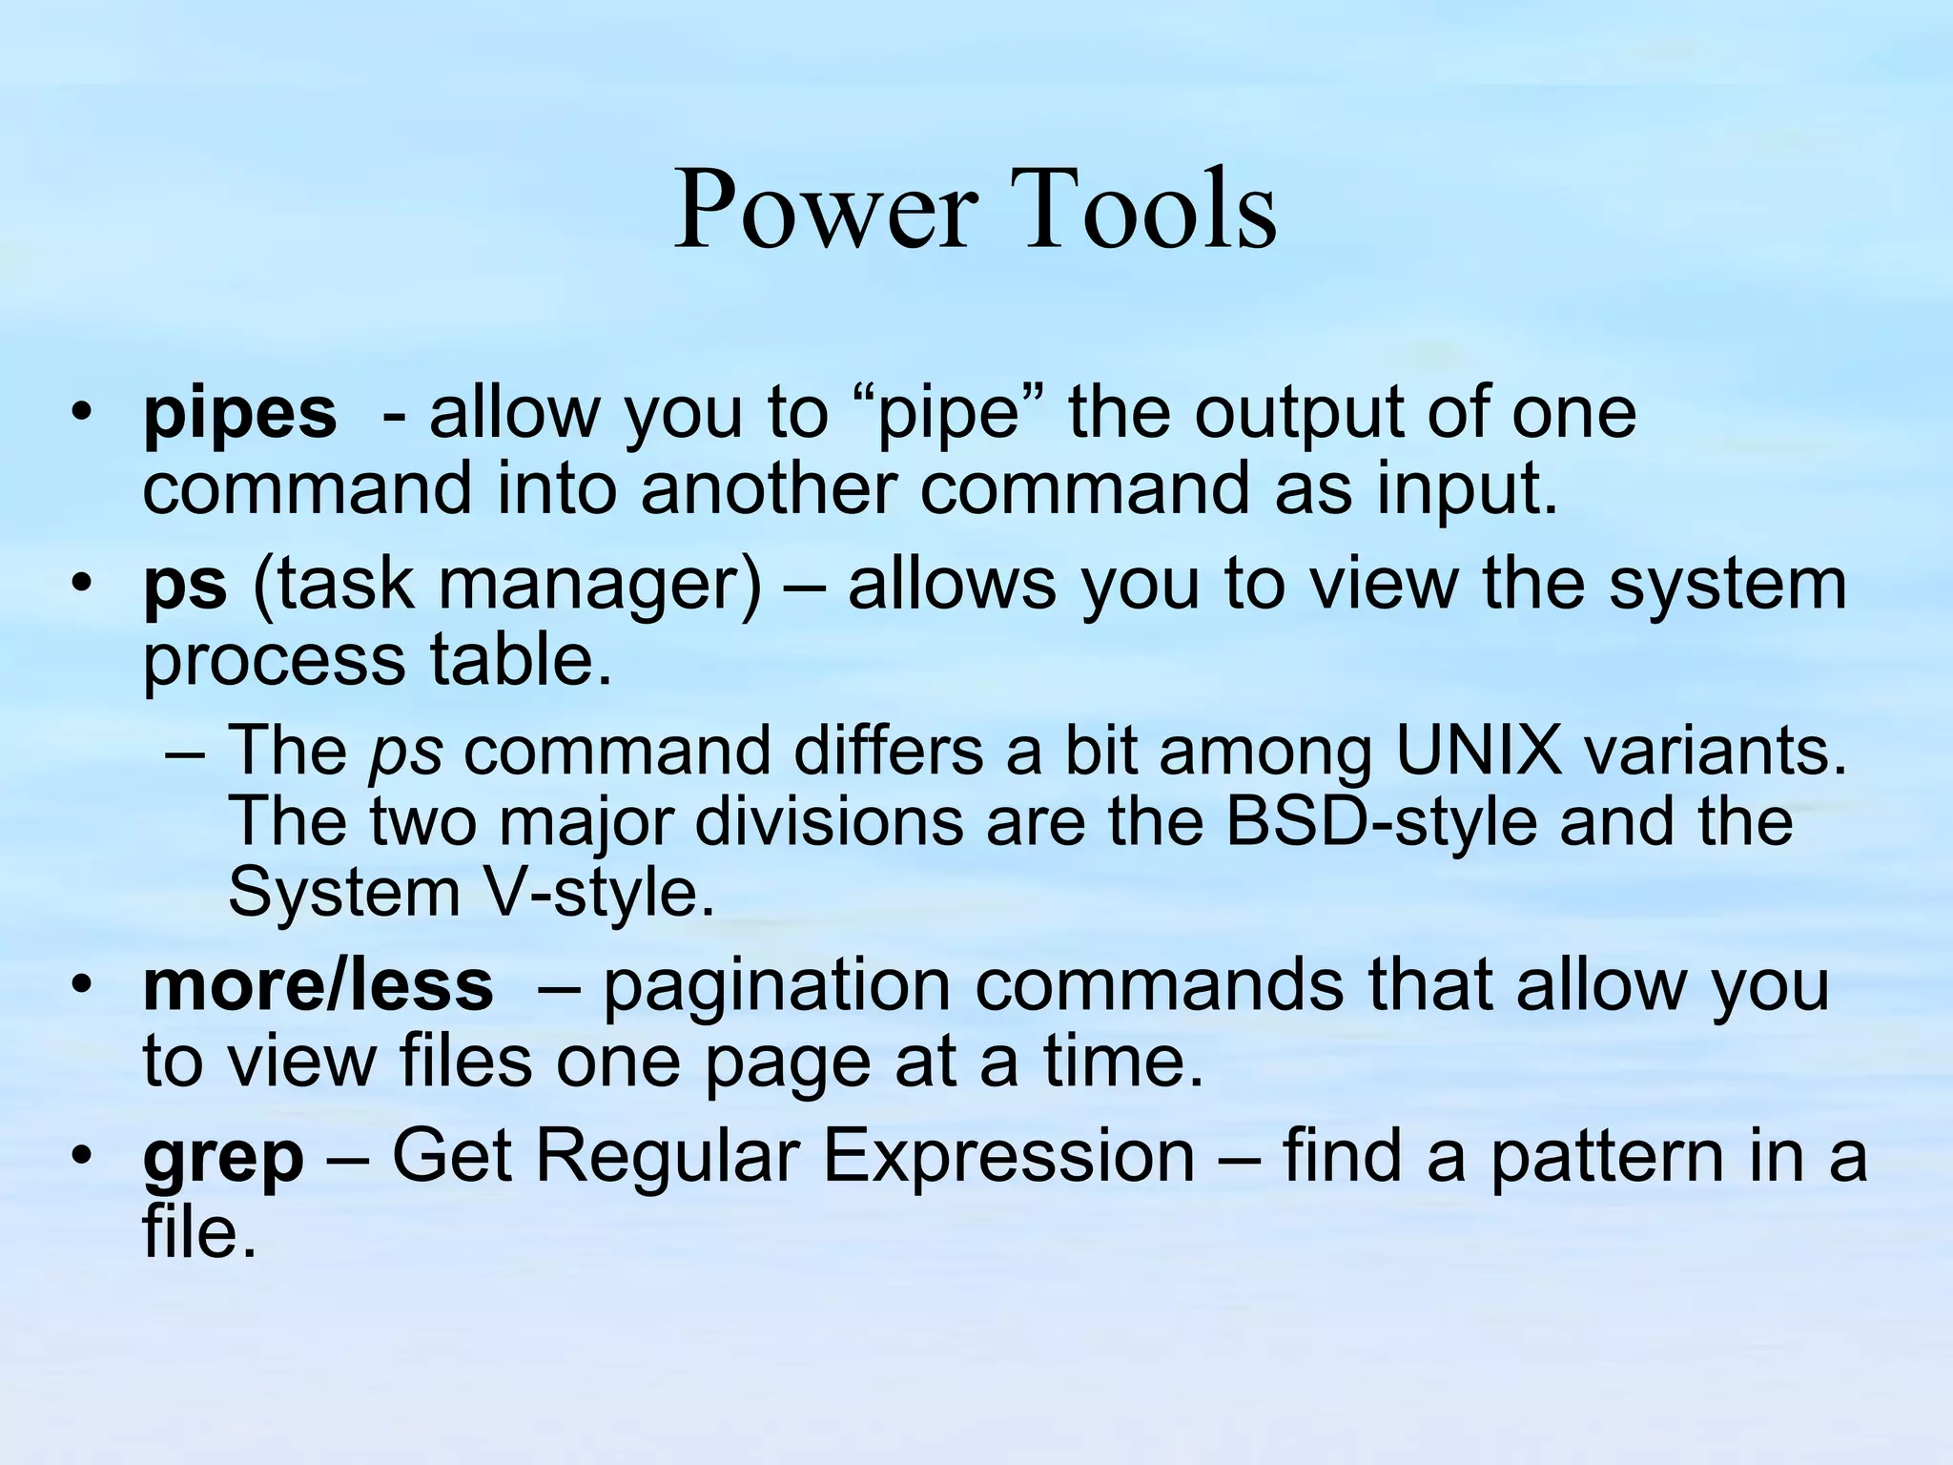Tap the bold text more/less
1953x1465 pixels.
[318, 987]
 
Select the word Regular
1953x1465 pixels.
[667, 1157]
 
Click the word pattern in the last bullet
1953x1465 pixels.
[1602, 1157]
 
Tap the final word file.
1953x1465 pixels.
[199, 1231]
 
